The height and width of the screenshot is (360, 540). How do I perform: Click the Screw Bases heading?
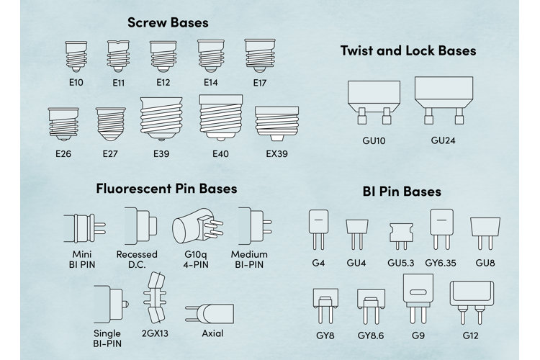168,23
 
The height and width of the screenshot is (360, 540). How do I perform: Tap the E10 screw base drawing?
76,56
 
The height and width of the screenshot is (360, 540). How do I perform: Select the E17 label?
260,83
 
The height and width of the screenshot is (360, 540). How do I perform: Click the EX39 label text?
276,153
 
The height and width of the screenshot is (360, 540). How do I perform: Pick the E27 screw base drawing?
111,124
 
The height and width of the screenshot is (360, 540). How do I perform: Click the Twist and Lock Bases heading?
408,50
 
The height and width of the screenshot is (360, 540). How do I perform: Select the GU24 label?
443,140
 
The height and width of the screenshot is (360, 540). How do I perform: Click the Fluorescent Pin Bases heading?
166,189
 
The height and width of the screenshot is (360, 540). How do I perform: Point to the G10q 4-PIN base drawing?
198,225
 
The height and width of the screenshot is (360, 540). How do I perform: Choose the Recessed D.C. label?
137,259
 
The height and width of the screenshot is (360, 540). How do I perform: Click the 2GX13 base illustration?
155,297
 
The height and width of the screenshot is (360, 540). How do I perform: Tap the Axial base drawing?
210,313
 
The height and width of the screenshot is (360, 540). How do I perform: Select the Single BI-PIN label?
107,338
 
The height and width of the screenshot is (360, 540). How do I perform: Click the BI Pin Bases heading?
402,192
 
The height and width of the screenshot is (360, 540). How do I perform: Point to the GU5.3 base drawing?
401,236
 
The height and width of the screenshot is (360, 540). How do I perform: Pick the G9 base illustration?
418,298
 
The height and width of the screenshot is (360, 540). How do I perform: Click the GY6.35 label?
441,264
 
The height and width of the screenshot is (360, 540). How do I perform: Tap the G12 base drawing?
472,302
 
